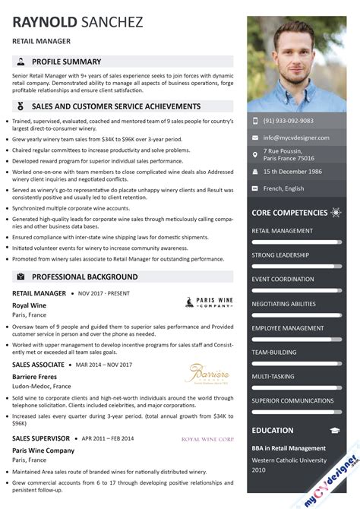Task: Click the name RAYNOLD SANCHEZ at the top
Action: [77, 23]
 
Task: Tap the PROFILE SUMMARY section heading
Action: [67, 62]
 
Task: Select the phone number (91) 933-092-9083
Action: [288, 121]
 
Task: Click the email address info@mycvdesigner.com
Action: [296, 138]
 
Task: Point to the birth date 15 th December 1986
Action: [292, 172]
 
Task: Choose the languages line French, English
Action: [283, 188]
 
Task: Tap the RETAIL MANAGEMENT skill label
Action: [282, 230]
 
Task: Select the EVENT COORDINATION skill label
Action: [283, 279]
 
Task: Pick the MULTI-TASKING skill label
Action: [273, 376]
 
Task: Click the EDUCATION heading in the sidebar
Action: [273, 430]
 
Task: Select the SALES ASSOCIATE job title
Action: [38, 365]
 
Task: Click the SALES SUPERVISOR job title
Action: [41, 438]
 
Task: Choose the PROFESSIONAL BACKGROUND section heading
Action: [84, 277]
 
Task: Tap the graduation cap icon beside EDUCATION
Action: [335, 430]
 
